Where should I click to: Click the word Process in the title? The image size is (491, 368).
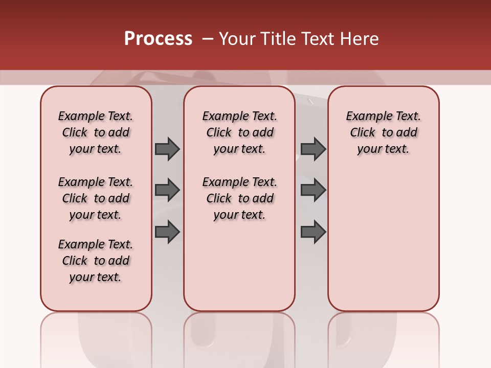point(158,39)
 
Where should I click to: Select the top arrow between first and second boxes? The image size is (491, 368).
point(167,149)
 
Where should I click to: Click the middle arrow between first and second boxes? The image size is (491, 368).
point(167,190)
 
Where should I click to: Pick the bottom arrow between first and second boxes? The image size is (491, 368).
point(167,232)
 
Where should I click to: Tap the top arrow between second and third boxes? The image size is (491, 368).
point(313,149)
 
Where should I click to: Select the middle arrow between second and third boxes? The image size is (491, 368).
point(313,190)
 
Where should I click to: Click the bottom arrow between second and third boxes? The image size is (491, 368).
point(313,232)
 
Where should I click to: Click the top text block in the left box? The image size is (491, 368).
point(96,132)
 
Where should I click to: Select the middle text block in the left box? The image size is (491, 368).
point(96,198)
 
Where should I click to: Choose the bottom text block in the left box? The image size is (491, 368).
point(96,261)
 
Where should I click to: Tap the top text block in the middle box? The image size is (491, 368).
point(239,132)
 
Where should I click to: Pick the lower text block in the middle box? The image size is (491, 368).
point(239,198)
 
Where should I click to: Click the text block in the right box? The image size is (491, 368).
point(383,132)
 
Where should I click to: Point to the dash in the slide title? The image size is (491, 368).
point(208,39)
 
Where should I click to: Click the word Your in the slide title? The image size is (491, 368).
point(237,39)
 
